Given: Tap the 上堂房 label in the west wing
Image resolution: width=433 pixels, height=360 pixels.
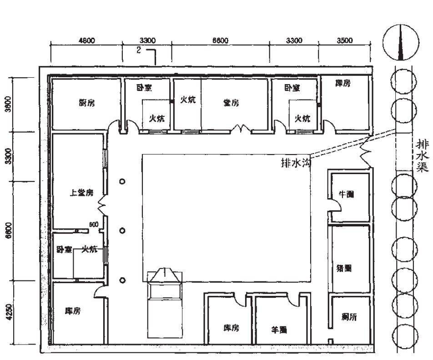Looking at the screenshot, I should point(81,193).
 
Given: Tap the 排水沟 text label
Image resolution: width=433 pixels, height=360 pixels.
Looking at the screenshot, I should point(296,163).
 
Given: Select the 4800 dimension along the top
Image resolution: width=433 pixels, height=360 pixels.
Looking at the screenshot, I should point(86,40).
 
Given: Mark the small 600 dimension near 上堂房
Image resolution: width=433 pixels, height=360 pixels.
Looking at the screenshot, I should point(94,224).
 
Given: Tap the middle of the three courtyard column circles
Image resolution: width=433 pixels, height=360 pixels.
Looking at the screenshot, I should point(122,231).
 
